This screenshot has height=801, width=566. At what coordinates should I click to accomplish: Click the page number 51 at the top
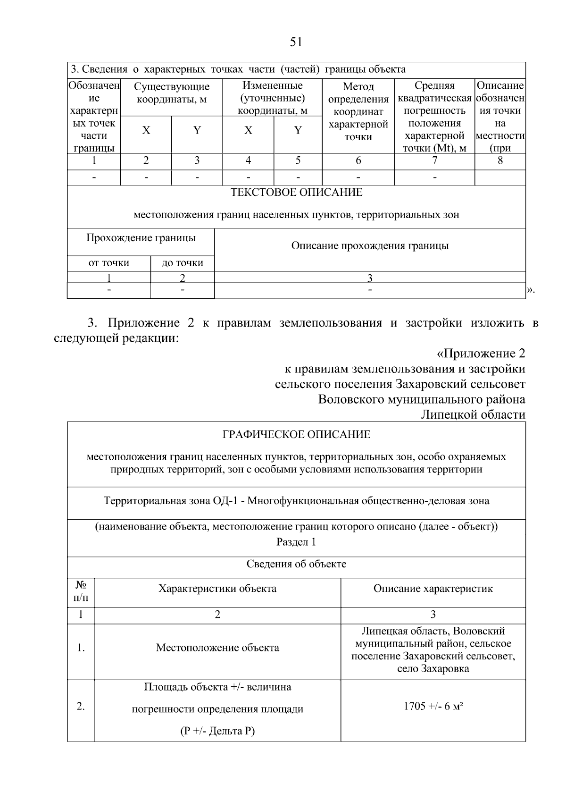(296, 42)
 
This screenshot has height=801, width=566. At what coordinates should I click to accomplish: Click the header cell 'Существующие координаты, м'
(172, 93)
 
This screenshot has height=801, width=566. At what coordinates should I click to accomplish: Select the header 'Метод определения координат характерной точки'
(358, 112)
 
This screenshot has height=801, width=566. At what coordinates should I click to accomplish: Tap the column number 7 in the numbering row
(434, 160)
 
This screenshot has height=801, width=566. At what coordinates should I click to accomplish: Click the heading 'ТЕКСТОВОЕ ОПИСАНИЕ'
(296, 193)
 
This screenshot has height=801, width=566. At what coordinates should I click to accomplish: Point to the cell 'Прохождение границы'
(141, 238)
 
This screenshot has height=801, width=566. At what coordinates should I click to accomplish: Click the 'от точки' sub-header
(108, 263)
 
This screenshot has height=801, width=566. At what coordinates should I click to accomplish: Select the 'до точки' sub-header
(182, 263)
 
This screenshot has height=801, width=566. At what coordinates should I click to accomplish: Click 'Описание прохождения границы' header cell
(370, 246)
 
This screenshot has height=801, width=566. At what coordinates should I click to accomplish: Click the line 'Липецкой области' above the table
(473, 414)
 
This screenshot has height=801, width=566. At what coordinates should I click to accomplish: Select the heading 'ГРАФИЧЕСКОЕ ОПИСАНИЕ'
(296, 434)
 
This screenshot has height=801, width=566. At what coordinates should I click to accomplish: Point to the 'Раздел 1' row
(296, 542)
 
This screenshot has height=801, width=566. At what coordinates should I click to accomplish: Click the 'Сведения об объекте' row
(296, 564)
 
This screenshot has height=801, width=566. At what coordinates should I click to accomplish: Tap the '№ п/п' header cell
(81, 593)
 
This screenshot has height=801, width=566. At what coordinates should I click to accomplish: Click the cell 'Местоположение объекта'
(217, 648)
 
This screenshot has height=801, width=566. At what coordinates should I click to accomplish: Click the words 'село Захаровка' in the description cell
(433, 669)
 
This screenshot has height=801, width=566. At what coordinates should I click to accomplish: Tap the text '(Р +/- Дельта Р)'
(217, 731)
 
